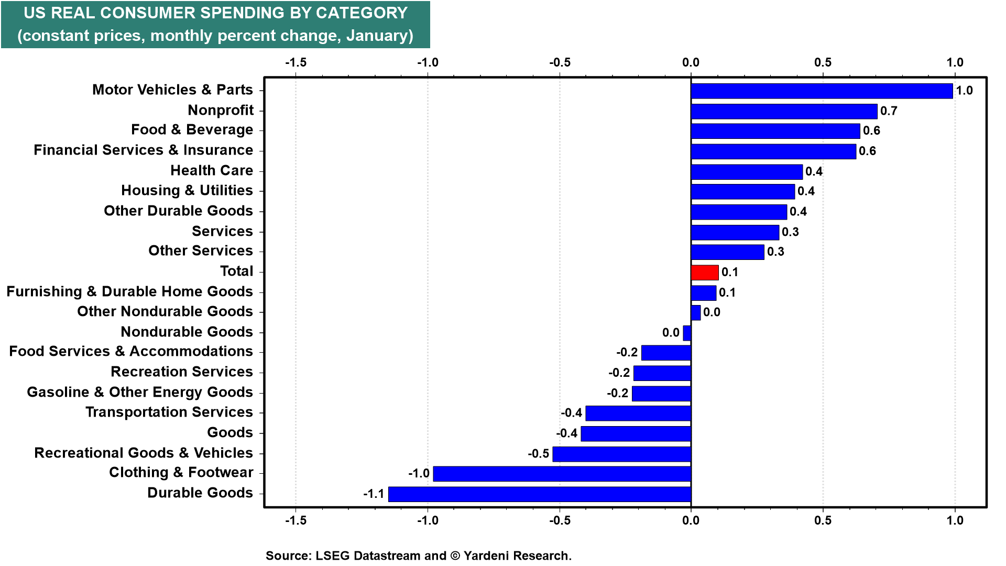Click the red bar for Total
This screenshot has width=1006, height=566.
click(705, 273)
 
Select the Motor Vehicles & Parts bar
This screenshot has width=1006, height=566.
click(822, 91)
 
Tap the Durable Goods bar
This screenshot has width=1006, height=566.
click(540, 494)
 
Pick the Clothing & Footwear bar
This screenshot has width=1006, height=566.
click(562, 474)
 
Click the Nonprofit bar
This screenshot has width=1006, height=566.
click(784, 111)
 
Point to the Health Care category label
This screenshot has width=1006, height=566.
click(212, 170)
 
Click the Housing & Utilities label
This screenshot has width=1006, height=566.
click(187, 190)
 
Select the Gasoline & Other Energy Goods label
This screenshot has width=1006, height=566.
click(140, 392)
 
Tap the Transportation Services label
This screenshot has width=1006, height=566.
click(169, 412)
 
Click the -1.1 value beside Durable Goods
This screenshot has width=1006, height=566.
click(374, 494)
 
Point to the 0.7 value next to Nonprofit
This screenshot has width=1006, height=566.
click(889, 111)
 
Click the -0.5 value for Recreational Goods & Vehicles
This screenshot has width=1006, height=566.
click(538, 453)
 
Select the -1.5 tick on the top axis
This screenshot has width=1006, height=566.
click(296, 62)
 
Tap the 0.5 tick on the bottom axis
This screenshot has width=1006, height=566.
click(823, 520)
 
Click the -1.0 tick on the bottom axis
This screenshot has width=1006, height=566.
click(428, 520)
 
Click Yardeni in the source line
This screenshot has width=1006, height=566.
click(487, 556)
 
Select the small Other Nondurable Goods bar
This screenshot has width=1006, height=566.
click(696, 313)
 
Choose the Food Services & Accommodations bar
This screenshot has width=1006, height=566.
click(666, 353)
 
